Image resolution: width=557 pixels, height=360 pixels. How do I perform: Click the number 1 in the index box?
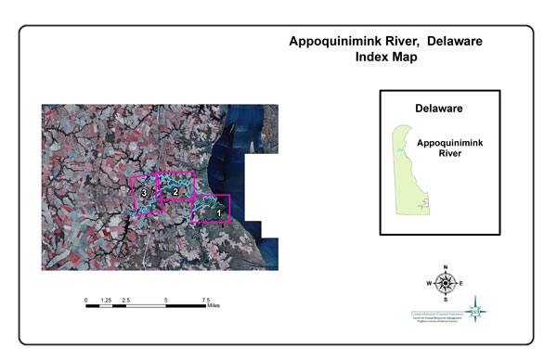click(x=218, y=212)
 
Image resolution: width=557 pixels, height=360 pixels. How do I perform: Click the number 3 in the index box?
click(x=145, y=193)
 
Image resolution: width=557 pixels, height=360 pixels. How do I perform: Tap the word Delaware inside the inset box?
click(x=439, y=109)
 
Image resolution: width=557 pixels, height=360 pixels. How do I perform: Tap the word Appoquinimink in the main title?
click(x=337, y=42)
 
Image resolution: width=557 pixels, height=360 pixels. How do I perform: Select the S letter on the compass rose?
click(x=446, y=299)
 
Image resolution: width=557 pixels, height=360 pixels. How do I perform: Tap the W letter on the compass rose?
click(x=429, y=283)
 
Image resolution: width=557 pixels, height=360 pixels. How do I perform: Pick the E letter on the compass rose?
click(x=461, y=283)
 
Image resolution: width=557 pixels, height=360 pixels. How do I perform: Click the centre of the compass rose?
click(x=446, y=283)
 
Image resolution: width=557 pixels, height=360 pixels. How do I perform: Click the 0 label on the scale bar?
click(x=86, y=301)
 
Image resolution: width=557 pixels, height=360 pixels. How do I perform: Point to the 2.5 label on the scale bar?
click(x=125, y=301)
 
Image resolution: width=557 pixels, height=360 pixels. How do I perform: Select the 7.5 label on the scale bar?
click(x=204, y=301)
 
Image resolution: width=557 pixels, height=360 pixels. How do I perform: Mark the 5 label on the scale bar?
click(x=165, y=301)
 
